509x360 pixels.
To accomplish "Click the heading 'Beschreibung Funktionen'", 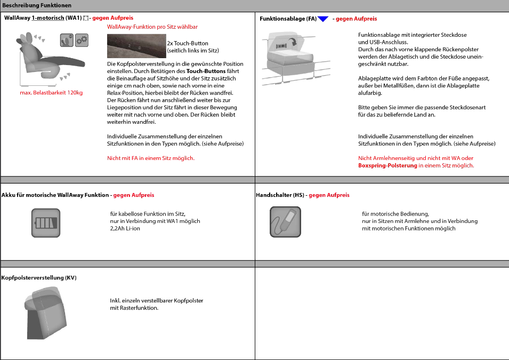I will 37,5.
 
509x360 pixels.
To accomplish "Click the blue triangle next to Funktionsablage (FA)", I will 323,19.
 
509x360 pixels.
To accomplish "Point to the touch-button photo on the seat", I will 136,46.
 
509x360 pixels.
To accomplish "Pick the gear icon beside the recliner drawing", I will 82,39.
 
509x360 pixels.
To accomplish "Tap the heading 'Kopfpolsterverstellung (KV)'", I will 39,278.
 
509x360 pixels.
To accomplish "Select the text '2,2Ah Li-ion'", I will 125,228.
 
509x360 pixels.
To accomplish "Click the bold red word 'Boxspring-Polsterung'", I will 387,165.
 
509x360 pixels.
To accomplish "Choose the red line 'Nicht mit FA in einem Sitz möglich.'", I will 151,158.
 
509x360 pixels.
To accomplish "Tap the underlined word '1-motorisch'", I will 48,18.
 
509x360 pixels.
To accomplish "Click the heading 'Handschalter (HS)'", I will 280,195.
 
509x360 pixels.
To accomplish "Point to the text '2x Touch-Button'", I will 188,43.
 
